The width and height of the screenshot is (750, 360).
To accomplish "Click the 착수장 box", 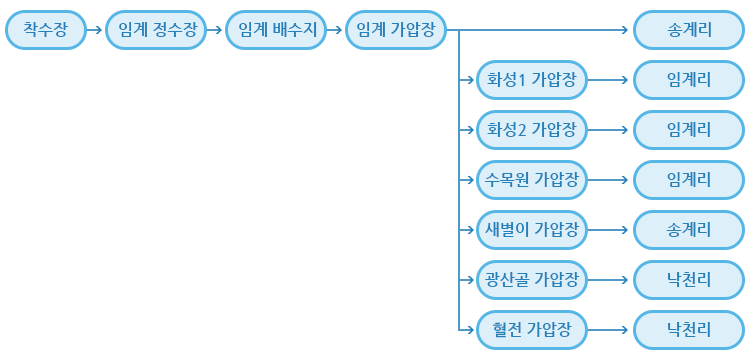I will coord(45,30).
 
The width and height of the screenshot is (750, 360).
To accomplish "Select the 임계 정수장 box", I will coord(156,30).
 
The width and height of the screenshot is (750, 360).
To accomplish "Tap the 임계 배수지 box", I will coord(272,30).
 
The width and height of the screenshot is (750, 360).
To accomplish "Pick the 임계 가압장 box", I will coord(396,30).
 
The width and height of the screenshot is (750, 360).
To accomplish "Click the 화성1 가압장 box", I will coord(531,80).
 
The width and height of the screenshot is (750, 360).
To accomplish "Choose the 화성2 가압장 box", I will coord(531,129).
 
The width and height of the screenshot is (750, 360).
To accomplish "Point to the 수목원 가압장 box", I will coord(531,180).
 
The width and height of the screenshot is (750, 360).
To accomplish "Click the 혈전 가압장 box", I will coord(531,328).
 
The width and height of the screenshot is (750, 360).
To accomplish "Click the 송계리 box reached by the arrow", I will coord(689,30).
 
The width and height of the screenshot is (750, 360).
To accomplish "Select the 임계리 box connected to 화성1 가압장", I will coord(689,80).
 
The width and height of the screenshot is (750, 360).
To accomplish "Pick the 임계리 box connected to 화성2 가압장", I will coord(689,129).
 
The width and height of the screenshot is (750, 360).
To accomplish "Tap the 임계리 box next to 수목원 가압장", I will coord(689,180).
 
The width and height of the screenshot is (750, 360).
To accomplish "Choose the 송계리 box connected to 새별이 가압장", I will coord(689,229).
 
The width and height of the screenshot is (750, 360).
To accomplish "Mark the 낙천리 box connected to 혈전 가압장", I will coord(689,328).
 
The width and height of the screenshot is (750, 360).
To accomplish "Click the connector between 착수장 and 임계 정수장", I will coord(95,30).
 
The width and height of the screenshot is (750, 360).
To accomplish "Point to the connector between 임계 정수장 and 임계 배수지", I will coord(215,30).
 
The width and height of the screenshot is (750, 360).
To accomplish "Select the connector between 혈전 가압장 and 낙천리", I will coord(610,328).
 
